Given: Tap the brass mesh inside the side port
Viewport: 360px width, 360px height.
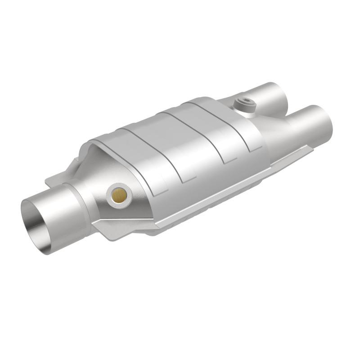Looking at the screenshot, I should click(120, 194).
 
